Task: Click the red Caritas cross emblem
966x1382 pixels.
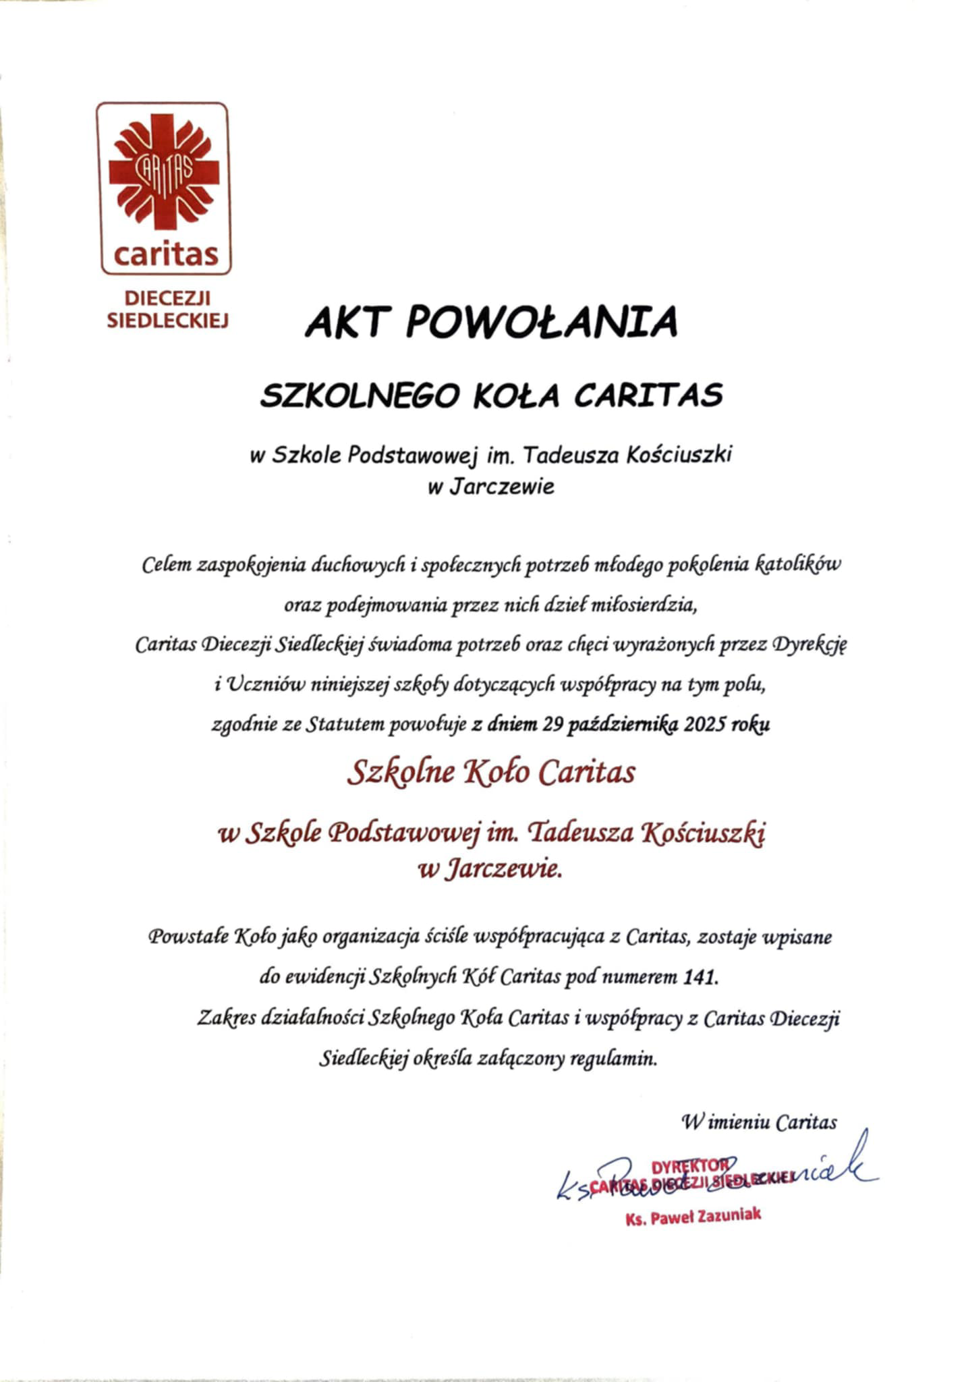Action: click(x=164, y=173)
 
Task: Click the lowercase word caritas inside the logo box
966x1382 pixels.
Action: click(x=166, y=255)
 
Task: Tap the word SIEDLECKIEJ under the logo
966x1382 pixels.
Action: click(x=167, y=321)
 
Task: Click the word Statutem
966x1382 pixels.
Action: click(x=335, y=725)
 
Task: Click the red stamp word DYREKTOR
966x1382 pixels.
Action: click(x=689, y=1166)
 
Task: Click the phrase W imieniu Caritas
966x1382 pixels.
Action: click(x=759, y=1122)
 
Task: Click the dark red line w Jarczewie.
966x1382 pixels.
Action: click(x=490, y=870)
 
